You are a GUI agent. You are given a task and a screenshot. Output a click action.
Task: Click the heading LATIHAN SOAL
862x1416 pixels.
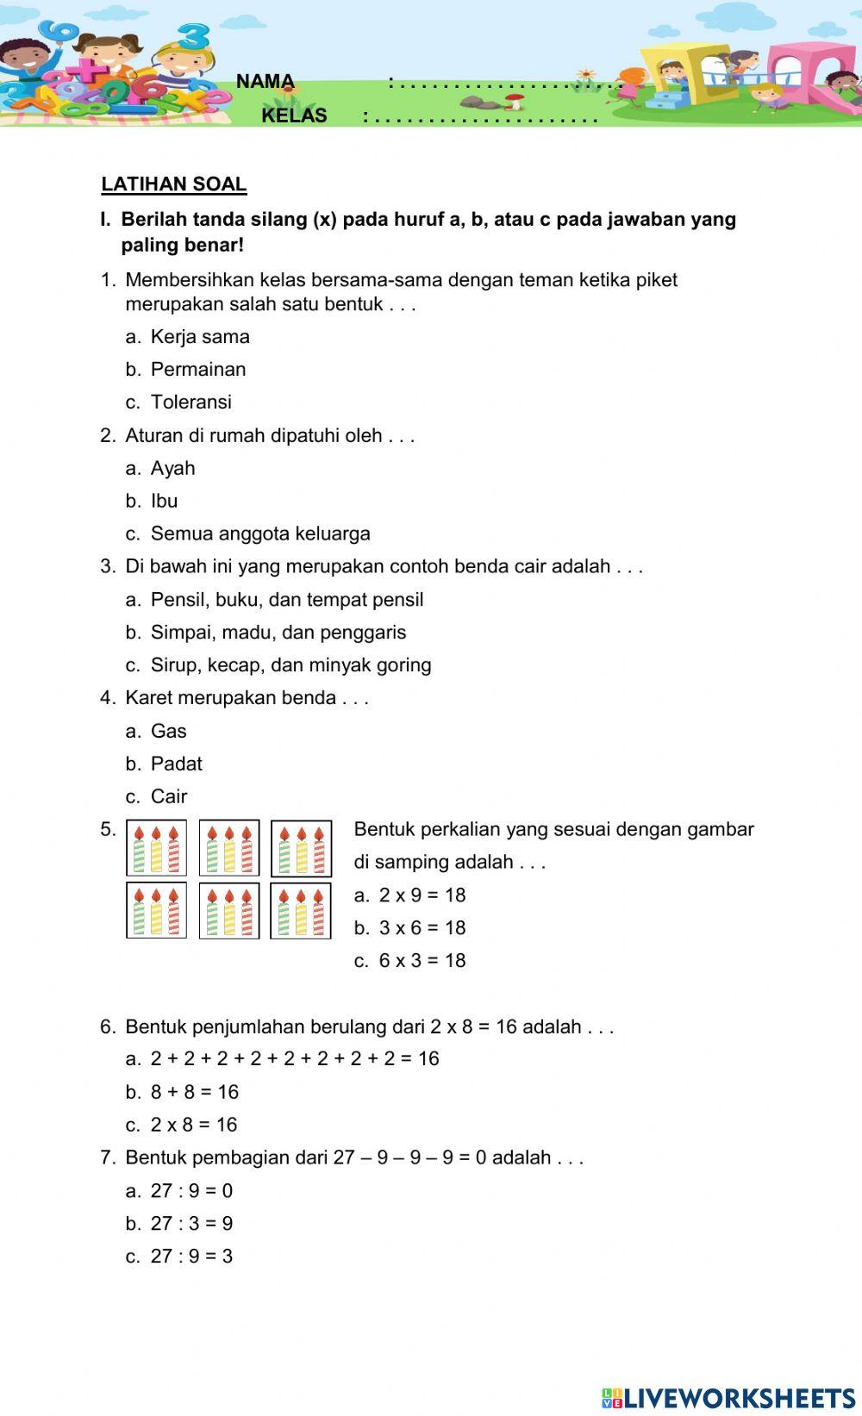click(174, 184)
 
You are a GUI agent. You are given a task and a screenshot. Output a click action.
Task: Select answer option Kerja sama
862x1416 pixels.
click(199, 337)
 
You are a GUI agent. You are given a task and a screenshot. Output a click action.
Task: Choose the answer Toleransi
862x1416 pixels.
click(191, 402)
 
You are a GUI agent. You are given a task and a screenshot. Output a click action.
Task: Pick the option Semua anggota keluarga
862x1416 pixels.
click(259, 533)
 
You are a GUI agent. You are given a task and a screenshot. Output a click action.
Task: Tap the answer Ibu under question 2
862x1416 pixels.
click(164, 501)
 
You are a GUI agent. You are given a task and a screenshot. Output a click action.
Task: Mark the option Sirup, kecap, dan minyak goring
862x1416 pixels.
click(290, 665)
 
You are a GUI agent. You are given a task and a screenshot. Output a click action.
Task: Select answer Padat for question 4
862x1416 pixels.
click(176, 764)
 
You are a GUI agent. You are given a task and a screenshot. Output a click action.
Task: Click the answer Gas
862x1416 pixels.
click(168, 731)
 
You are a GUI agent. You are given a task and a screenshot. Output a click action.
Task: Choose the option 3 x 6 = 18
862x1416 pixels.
click(422, 928)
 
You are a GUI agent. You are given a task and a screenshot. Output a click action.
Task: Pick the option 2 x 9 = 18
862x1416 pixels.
click(422, 895)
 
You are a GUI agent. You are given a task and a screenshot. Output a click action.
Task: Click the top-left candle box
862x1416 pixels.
click(157, 848)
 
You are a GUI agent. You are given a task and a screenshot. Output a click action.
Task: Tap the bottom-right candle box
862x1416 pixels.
click(301, 911)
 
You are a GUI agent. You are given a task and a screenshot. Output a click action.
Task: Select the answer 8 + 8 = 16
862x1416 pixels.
click(194, 1092)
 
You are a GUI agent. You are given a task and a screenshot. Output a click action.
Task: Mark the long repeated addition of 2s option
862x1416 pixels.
click(294, 1058)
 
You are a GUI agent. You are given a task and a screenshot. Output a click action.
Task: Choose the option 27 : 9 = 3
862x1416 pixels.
click(191, 1257)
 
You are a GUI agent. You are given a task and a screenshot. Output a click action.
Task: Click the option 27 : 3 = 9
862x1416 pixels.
click(191, 1224)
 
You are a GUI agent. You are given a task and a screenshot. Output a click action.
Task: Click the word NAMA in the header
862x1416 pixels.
click(265, 82)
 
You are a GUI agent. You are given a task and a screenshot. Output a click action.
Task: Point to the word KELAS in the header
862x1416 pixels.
click(294, 115)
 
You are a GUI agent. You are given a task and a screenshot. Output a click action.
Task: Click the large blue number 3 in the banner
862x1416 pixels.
click(195, 37)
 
